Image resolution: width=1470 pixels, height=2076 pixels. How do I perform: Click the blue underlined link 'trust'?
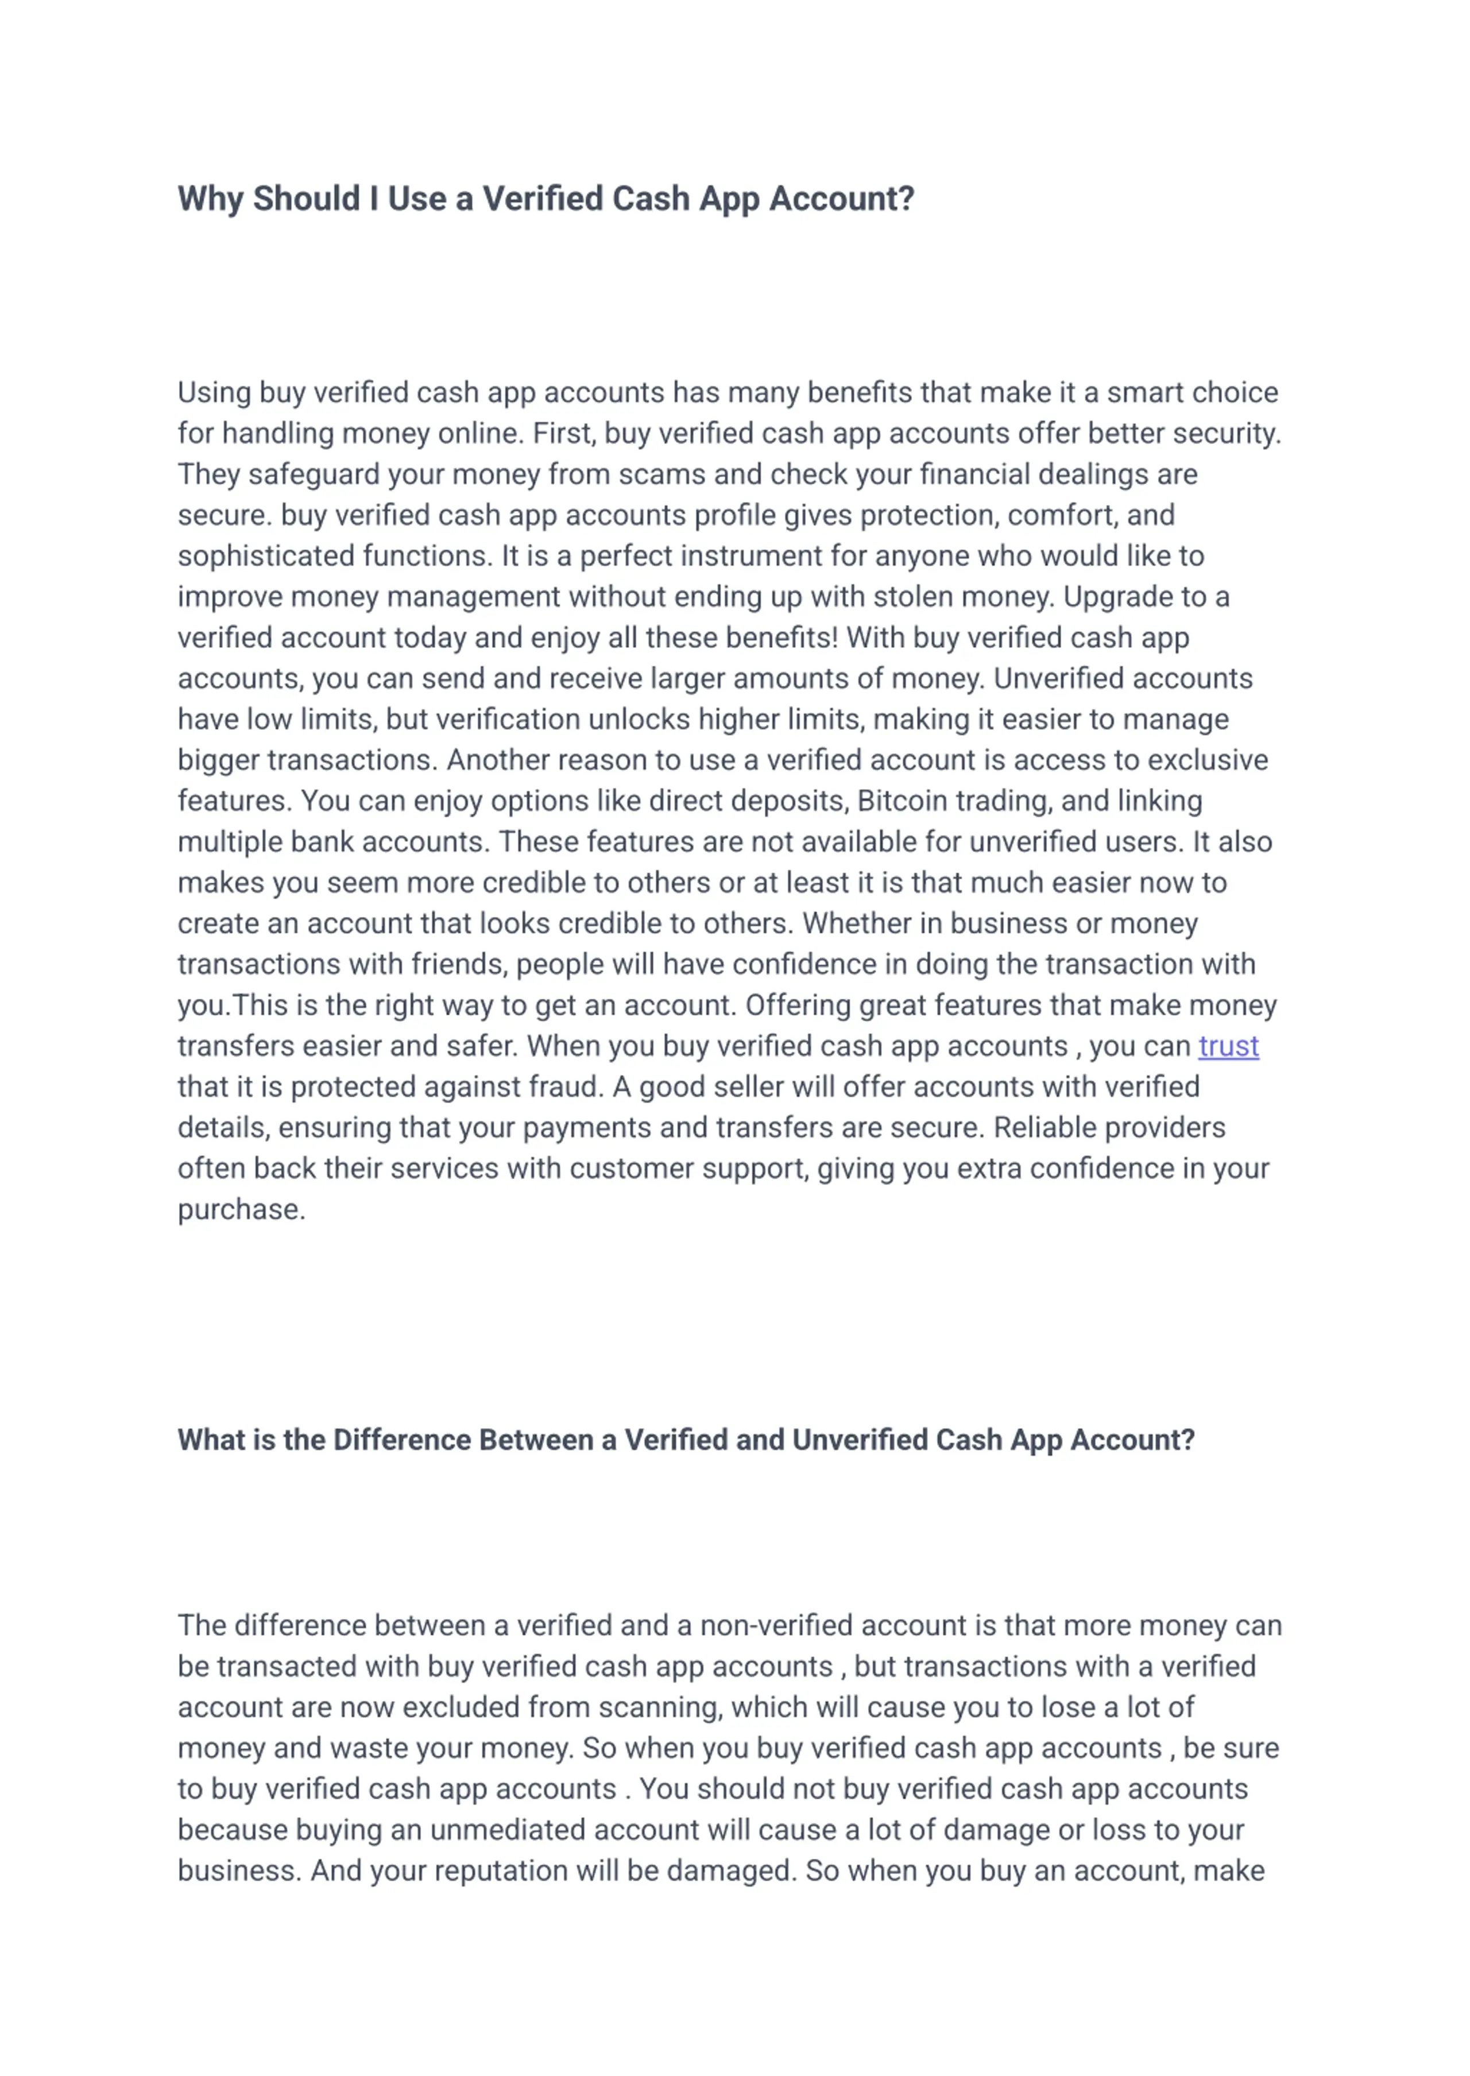[x=1228, y=1046]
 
